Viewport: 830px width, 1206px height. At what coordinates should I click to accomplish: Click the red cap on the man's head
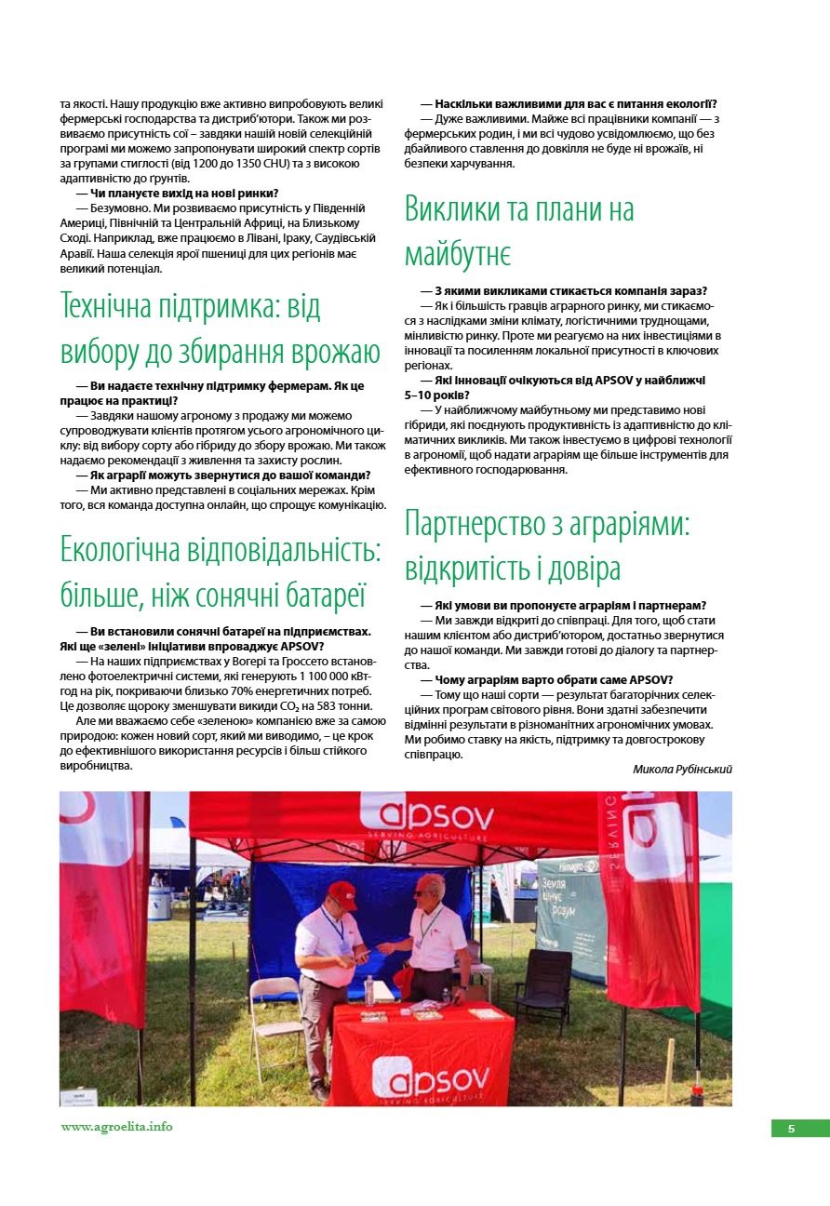[x=342, y=892]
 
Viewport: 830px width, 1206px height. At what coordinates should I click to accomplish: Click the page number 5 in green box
[x=791, y=1128]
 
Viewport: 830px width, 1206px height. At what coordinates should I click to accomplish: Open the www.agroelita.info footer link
[x=116, y=1126]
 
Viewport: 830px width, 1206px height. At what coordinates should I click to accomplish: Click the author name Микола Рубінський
[x=682, y=770]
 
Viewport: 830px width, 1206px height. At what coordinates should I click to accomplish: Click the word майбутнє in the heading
[x=457, y=252]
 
